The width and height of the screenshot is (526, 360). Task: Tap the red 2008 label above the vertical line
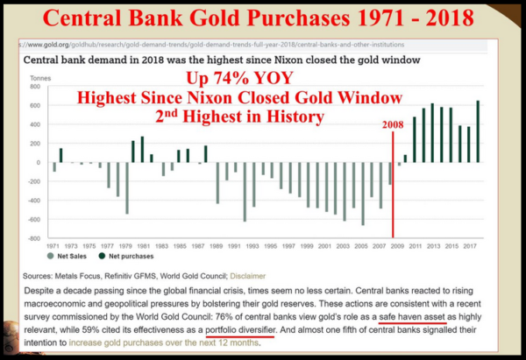tap(394, 125)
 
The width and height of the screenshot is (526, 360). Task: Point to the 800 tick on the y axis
tap(36, 87)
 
